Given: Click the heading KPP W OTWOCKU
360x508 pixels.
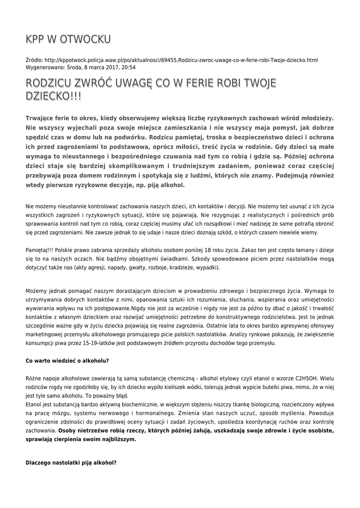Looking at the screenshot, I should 68,39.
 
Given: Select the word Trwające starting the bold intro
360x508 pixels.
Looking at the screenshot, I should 43,119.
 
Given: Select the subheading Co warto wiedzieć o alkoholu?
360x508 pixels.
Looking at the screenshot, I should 68,360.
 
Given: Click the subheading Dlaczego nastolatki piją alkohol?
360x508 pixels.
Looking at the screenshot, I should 71,463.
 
